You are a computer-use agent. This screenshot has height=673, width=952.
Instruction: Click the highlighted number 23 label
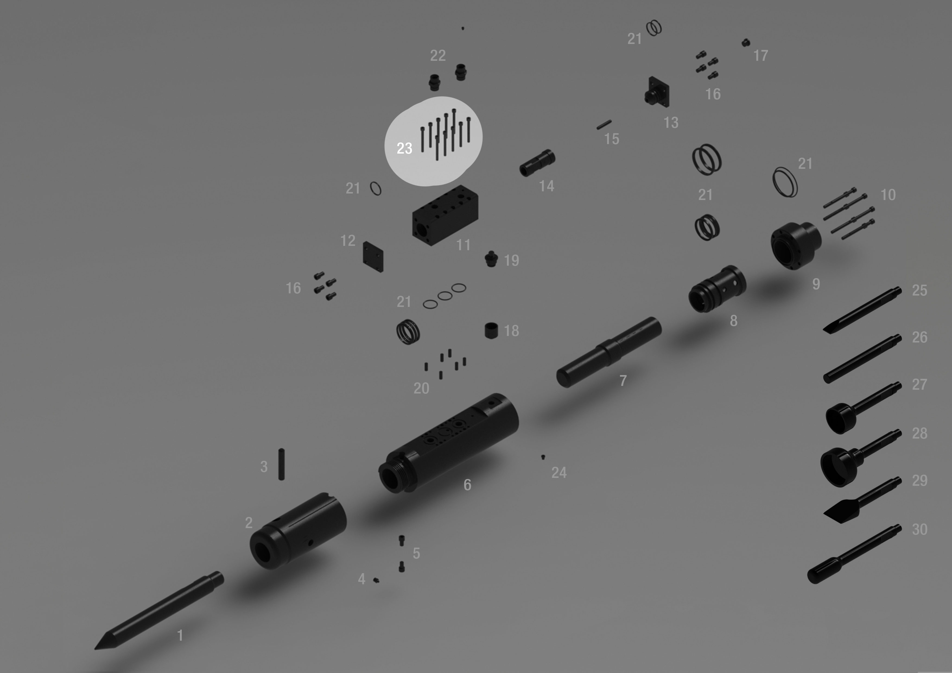pyautogui.click(x=404, y=148)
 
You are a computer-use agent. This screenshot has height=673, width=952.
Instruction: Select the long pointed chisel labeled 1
pyautogui.click(x=159, y=610)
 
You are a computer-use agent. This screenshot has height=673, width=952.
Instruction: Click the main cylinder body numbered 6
pyautogui.click(x=449, y=443)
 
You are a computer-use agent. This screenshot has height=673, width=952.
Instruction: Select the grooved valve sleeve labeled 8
pyautogui.click(x=717, y=289)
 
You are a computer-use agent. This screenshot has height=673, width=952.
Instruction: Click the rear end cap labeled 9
pyautogui.click(x=796, y=246)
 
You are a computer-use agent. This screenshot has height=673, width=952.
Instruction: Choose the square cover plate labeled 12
pyautogui.click(x=373, y=257)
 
